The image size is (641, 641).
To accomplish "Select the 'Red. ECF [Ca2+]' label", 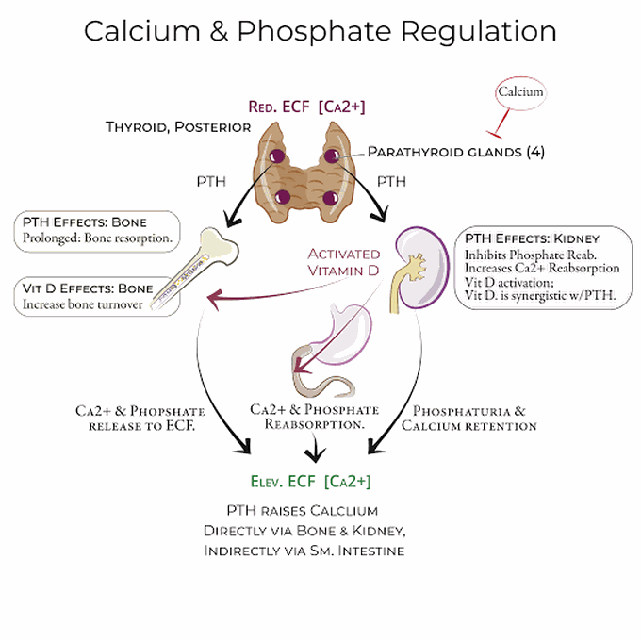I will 307,107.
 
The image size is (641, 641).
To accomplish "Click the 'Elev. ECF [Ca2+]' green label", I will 311,482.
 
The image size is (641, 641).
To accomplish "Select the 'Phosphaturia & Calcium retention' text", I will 468,419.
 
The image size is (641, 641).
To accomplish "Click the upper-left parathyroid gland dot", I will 278,156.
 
